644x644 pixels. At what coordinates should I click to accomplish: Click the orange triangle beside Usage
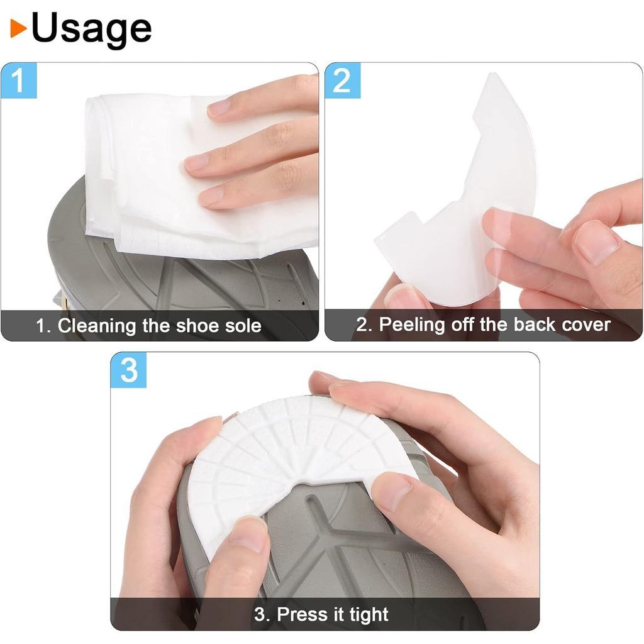pyautogui.click(x=18, y=28)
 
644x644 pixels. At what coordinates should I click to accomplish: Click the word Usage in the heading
pyautogui.click(x=92, y=28)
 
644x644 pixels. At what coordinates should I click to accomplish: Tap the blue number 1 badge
pyautogui.click(x=19, y=80)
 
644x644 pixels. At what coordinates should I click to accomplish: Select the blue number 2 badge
pyautogui.click(x=343, y=80)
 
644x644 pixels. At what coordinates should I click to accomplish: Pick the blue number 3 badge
pyautogui.click(x=128, y=370)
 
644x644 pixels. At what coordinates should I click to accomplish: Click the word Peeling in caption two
pyautogui.click(x=412, y=325)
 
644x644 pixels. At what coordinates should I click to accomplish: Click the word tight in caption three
pyautogui.click(x=369, y=615)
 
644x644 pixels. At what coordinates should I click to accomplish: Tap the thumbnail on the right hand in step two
pyautogui.click(x=596, y=242)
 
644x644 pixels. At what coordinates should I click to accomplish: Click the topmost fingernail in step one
pyautogui.click(x=219, y=108)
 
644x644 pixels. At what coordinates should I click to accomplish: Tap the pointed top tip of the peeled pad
pyautogui.click(x=493, y=74)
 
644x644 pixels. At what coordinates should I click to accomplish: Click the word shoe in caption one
pyautogui.click(x=197, y=326)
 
